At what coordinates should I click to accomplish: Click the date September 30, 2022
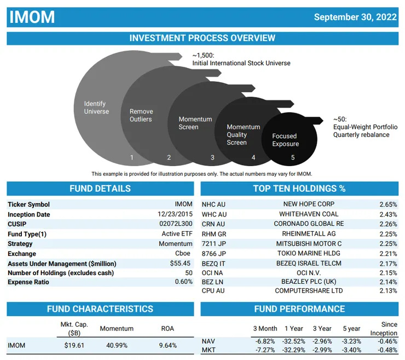pos(355,17)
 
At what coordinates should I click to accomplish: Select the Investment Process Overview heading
pos(202,38)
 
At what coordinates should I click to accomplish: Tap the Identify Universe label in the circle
pos(96,107)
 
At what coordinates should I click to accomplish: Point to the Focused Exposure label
pos(285,140)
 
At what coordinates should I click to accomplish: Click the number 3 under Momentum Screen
pos(212,157)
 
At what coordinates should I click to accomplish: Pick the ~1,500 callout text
pos(203,55)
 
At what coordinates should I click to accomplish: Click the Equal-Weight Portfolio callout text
pos(365,127)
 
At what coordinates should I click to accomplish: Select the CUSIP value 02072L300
pos(176,224)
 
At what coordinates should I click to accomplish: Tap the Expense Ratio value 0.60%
pos(183,282)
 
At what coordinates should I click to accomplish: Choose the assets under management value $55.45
pos(181,264)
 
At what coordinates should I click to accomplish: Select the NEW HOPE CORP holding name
pos(309,204)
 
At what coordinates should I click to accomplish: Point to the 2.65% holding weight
pos(388,204)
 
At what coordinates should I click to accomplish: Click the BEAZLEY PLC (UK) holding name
pos(309,281)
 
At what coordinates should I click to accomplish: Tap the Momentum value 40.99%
pos(116,345)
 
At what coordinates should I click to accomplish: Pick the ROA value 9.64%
pos(167,345)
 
